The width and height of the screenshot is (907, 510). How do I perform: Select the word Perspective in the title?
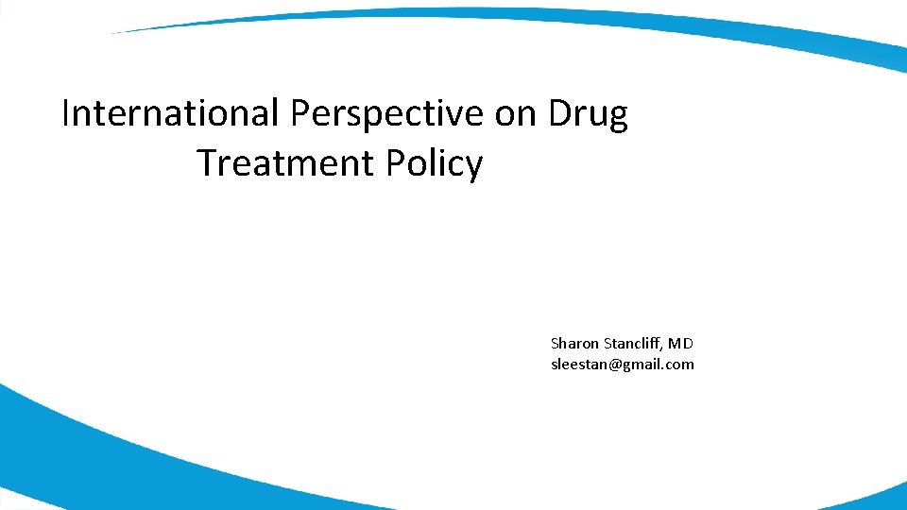[x=387, y=115]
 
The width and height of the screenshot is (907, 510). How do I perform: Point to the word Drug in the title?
[x=589, y=115]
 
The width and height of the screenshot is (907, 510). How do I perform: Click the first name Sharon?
[x=574, y=344]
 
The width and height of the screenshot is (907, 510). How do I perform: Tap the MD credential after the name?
[x=682, y=344]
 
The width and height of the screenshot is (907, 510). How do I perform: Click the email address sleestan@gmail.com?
[x=622, y=365]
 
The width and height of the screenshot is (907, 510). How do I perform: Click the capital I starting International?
[x=65, y=114]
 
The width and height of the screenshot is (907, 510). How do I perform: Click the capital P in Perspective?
[x=299, y=114]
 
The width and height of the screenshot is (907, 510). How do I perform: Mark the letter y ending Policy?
[x=475, y=168]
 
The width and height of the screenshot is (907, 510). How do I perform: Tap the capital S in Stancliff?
[x=606, y=344]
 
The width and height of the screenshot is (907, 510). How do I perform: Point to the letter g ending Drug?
[x=617, y=119]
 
